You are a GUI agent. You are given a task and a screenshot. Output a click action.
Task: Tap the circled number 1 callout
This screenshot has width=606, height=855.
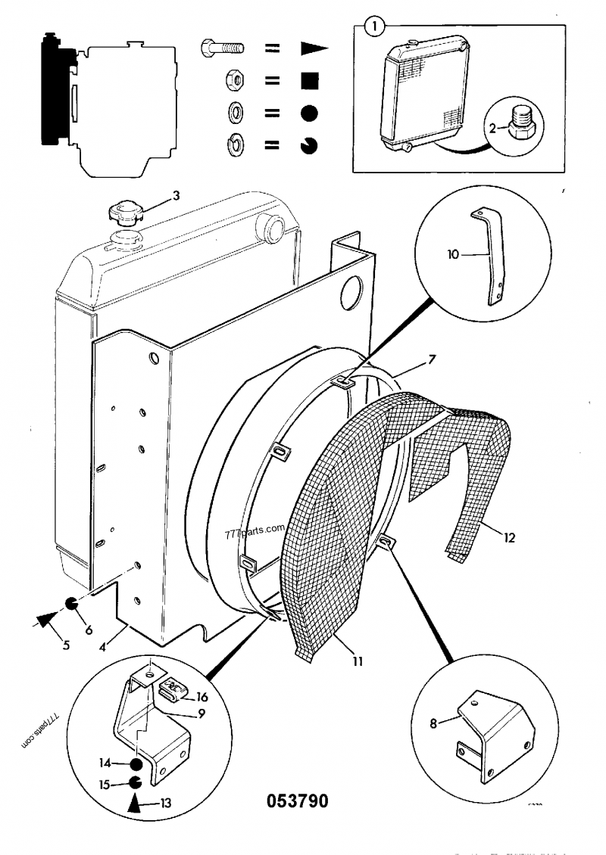pyautogui.click(x=373, y=26)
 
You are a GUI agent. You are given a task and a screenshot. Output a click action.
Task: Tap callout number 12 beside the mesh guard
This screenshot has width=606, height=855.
pyautogui.click(x=509, y=539)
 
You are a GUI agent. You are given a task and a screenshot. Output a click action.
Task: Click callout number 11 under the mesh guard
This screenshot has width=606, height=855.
pyautogui.click(x=357, y=661)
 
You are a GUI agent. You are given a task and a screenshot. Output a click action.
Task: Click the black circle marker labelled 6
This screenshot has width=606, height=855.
pyautogui.click(x=71, y=603)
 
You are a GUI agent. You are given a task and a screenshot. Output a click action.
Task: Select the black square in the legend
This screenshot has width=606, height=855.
pyautogui.click(x=308, y=79)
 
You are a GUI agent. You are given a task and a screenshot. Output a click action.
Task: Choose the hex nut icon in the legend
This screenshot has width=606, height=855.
pyautogui.click(x=234, y=79)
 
